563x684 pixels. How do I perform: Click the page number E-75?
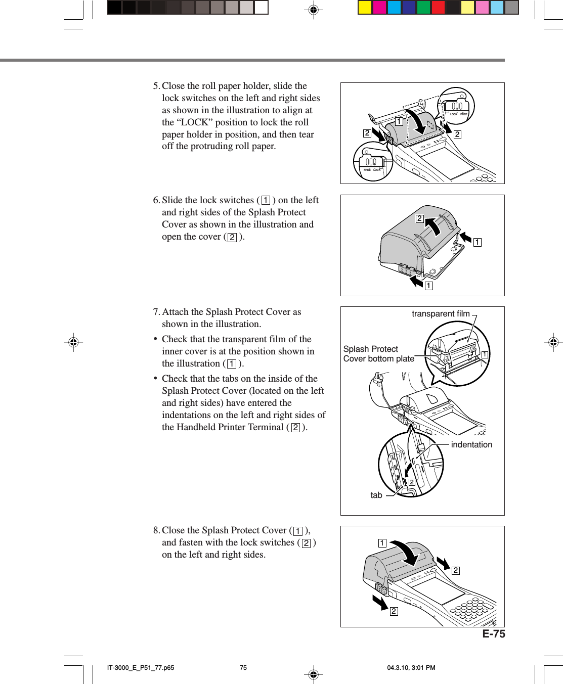[493, 634]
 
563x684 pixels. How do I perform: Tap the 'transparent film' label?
[440, 313]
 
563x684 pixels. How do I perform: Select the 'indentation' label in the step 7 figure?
[471, 444]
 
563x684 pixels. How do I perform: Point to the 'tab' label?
[376, 495]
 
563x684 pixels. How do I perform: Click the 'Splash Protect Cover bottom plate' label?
[378, 354]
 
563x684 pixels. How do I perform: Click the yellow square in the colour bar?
[364, 7]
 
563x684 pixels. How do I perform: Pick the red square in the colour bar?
[438, 7]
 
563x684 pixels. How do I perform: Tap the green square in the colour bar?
[423, 7]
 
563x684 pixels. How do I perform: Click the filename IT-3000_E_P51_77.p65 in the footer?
[140, 667]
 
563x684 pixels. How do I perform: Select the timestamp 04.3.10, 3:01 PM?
[411, 667]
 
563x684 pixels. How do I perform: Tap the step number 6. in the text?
[156, 200]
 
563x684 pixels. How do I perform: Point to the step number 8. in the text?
[156, 530]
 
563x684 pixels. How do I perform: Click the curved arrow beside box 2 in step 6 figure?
[434, 226]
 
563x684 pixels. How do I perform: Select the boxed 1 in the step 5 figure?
[399, 121]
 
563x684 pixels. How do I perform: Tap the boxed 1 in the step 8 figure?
[382, 543]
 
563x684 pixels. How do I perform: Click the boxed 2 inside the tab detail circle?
[412, 482]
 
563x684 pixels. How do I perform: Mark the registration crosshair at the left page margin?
[73, 342]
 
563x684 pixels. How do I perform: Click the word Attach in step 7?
[175, 312]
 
